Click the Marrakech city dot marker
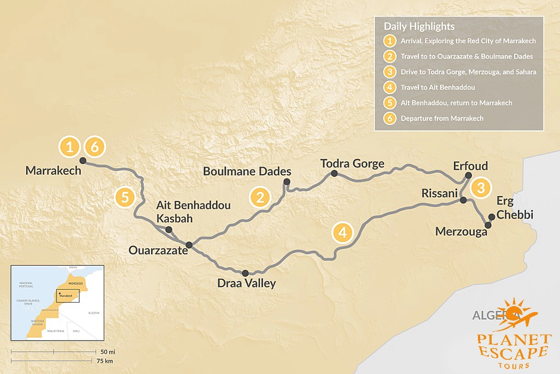point(83,160)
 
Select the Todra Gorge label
point(352,163)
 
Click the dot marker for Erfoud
point(468,176)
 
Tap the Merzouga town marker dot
point(488,225)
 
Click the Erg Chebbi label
point(514,208)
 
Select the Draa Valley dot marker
point(245,273)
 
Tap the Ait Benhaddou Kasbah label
point(193,211)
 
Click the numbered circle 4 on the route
point(342,233)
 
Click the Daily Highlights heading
point(419,26)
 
